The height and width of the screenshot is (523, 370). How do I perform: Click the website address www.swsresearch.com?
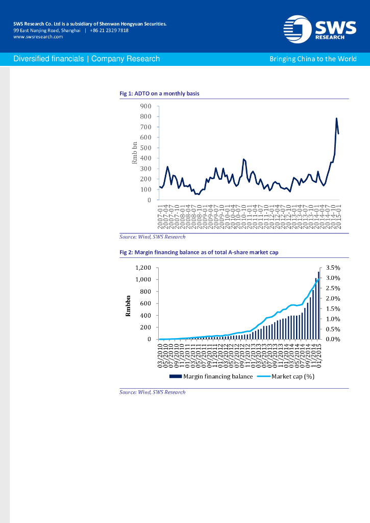[38, 37]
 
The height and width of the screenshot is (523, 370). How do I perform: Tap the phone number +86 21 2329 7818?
[109, 30]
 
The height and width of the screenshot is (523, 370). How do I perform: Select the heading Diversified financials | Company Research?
[87, 59]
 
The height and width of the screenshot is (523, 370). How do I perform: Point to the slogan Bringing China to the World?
[313, 59]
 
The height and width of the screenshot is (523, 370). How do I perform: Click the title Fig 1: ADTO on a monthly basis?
[159, 93]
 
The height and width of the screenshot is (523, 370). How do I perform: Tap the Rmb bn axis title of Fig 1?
[135, 152]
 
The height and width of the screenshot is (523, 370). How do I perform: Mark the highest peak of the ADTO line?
[336, 118]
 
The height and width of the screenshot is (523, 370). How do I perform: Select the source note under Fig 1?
[152, 237]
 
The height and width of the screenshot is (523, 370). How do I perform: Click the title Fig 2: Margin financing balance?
[199, 252]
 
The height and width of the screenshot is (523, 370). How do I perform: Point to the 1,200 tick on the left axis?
[143, 268]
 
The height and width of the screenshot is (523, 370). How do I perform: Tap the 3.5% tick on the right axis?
[332, 268]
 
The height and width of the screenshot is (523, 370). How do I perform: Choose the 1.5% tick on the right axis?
[332, 308]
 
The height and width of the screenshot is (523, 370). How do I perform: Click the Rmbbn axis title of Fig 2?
[128, 305]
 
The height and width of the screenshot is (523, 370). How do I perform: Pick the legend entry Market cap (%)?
[292, 376]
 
